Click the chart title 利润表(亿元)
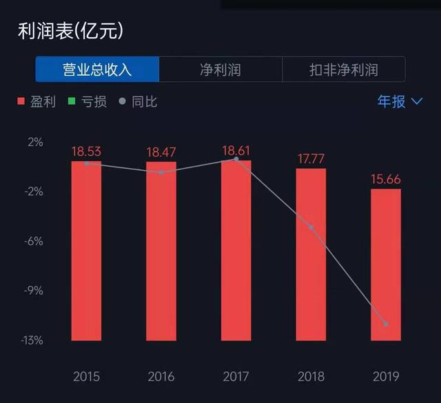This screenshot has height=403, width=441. [x=70, y=31]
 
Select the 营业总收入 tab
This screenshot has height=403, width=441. [x=97, y=70]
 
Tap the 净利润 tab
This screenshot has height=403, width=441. [x=220, y=70]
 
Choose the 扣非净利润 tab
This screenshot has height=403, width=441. [x=343, y=70]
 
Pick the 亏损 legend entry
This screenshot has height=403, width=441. [x=88, y=102]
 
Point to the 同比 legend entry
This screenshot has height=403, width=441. [x=138, y=102]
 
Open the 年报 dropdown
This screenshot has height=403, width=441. [x=399, y=101]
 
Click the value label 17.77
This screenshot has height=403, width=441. [x=311, y=159]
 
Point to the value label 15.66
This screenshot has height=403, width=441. [x=386, y=179]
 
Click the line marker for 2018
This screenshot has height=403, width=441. [x=311, y=227]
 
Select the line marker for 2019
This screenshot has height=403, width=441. [x=386, y=324]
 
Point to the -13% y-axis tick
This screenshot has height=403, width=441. [x=31, y=340]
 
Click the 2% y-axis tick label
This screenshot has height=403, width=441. [x=34, y=142]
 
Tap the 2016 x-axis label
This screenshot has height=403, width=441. [x=161, y=377]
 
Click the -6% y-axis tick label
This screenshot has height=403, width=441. [x=33, y=241]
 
